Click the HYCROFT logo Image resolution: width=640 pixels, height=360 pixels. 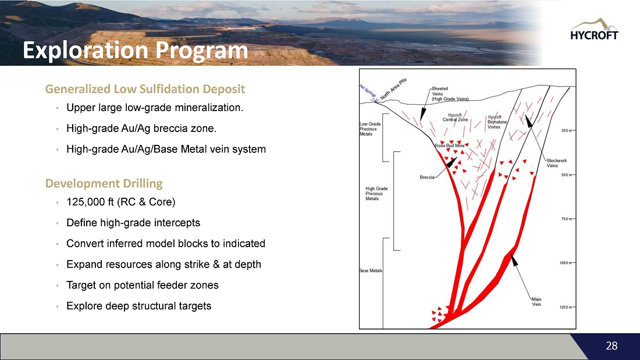point(594,30)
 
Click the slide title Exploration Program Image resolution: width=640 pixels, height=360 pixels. point(135,51)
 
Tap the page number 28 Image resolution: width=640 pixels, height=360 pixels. point(611,345)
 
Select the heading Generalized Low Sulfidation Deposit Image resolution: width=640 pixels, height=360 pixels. point(145,89)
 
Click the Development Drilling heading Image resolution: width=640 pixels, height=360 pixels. point(104,183)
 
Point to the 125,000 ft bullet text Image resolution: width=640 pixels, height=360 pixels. point(121,202)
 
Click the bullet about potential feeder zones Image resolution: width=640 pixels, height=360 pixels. point(143,285)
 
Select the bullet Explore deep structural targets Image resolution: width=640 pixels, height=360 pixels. point(139,306)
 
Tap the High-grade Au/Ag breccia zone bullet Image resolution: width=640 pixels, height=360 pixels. point(141,129)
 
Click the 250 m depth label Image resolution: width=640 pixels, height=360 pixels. point(567,131)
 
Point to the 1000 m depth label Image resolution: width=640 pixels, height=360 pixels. point(566,263)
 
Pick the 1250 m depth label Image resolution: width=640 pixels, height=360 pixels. point(566,307)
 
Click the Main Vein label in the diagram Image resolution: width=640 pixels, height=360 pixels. point(536,302)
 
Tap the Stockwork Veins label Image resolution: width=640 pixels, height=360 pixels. point(557,163)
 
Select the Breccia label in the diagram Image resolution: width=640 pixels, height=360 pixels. point(427,177)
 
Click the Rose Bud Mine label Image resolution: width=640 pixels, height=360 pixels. point(449,145)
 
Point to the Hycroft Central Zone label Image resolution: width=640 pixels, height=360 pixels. point(455,117)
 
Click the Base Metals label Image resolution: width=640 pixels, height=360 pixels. point(371,270)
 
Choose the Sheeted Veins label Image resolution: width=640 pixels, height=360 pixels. point(450,94)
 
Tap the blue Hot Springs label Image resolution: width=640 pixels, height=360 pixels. point(368,91)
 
